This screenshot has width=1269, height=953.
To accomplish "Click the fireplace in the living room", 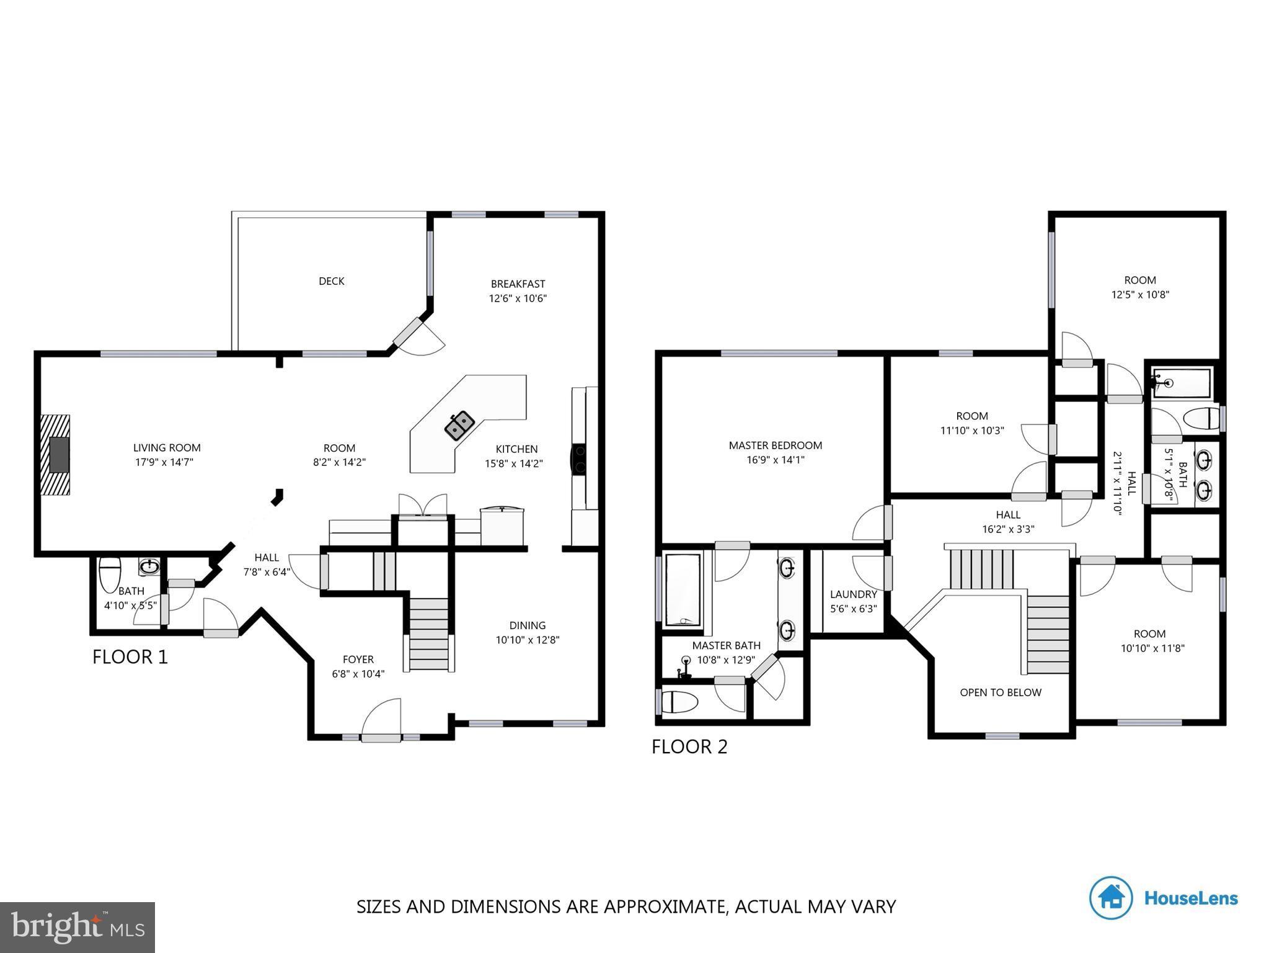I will pos(56,455).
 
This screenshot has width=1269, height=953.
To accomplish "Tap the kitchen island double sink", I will pos(459,425).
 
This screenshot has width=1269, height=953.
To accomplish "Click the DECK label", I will pos(331,281).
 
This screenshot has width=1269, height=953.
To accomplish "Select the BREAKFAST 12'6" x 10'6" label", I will pos(518,291).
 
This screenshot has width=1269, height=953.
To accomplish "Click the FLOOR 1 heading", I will pos(130,657).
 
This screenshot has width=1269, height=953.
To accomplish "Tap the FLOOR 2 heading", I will pos(689,746).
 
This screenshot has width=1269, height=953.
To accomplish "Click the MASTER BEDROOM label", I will pos(775,452).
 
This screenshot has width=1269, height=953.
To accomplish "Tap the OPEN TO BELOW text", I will pos(1000,692).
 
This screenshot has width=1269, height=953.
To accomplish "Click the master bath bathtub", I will pos(683,590).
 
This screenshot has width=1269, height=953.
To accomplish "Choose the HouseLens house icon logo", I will pos(1111,897).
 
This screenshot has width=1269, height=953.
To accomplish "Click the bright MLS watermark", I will pos(77,927).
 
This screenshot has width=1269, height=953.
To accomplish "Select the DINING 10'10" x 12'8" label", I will pos(528,632).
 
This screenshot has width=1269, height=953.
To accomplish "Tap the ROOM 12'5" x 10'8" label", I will pos(1139,287).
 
